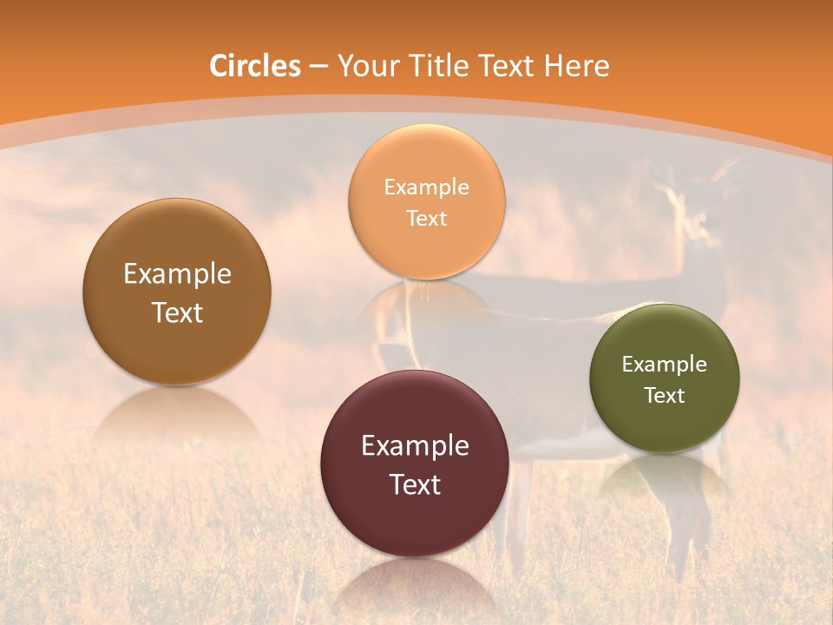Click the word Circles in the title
[255, 66]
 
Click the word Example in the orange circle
[426, 187]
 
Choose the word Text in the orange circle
[426, 218]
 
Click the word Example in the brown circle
[177, 274]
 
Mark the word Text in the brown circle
[177, 312]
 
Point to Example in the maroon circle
[415, 446]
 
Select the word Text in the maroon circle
[415, 484]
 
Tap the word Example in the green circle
[665, 364]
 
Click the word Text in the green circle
[665, 395]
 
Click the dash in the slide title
[318, 66]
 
